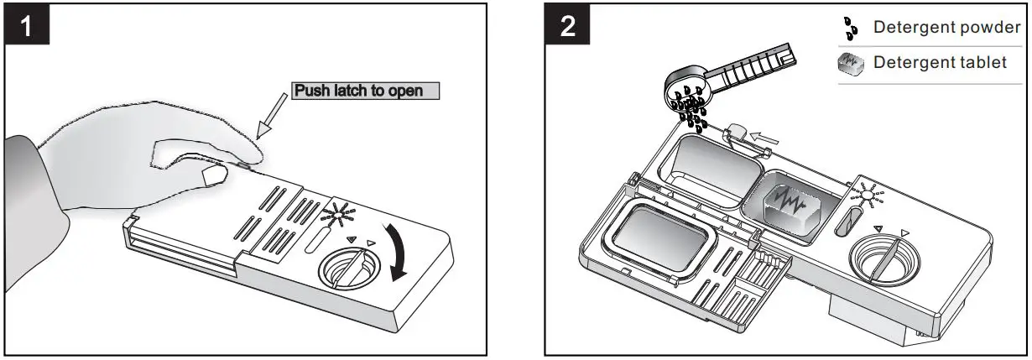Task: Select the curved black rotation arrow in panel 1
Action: [396, 248]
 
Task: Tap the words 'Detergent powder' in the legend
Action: [946, 28]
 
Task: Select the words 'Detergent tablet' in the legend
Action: [940, 64]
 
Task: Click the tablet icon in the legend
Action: [852, 65]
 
